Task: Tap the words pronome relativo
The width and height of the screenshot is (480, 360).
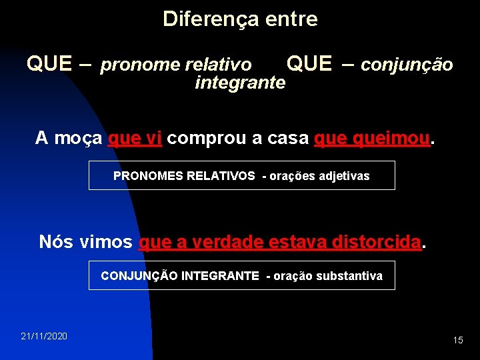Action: [176, 65]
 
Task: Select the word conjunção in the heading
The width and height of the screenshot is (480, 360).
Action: [407, 65]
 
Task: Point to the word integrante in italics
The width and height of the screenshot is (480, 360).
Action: [240, 83]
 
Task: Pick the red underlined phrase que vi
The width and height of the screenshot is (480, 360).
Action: [135, 138]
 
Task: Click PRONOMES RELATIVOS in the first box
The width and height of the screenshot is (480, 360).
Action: [184, 176]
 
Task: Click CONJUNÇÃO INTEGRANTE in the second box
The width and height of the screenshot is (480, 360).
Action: [179, 276]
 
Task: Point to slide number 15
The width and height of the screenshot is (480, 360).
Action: [457, 340]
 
